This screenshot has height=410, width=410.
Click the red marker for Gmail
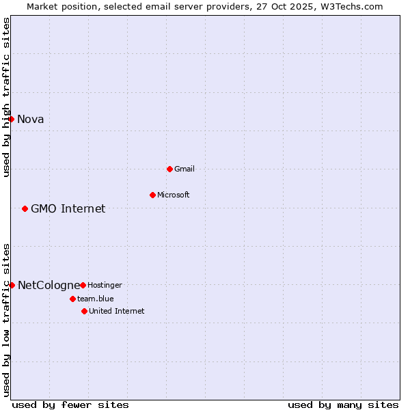(169, 169)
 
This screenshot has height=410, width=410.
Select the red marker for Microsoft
(152, 195)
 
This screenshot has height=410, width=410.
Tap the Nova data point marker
(11, 120)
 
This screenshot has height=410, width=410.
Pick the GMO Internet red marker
(25, 208)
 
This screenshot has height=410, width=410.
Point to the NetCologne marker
(12, 285)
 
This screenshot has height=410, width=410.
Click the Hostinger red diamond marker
(83, 285)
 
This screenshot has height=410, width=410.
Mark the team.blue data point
(72, 299)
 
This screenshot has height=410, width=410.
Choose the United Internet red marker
(84, 311)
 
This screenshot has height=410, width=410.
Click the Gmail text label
(185, 169)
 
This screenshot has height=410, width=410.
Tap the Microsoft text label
(174, 195)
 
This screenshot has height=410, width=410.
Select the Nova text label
(31, 120)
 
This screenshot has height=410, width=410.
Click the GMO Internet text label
(68, 208)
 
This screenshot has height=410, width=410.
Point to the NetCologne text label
(49, 285)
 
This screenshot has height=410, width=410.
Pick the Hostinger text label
(105, 285)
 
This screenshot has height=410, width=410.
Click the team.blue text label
(96, 299)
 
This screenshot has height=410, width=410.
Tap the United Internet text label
(117, 311)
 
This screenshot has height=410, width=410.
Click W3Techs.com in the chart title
(348, 6)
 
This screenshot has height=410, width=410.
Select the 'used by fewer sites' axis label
(70, 405)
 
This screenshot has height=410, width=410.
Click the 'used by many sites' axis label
(343, 405)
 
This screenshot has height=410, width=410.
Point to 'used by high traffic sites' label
(6, 97)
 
